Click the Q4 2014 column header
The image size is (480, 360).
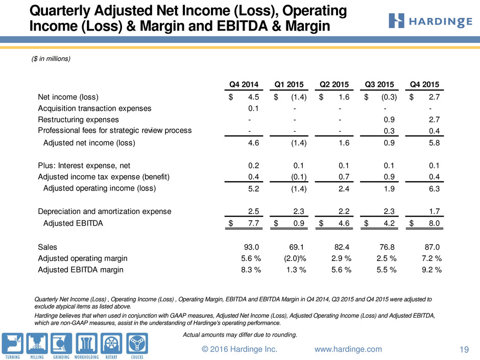[244, 84]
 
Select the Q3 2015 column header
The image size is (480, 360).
[379, 84]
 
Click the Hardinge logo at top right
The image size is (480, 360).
[430, 21]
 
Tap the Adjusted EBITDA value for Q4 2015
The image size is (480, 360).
[434, 223]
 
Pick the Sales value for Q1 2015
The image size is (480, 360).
[297, 247]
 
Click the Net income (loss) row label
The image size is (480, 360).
[68, 97]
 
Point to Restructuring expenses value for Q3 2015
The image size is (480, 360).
[389, 119]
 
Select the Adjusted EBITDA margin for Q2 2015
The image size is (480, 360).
[341, 270]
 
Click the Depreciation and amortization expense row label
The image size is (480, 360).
[104, 211]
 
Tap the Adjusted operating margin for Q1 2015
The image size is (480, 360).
[295, 258]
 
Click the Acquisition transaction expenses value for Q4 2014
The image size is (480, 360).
[253, 108]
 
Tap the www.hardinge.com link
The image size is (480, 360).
[348, 349]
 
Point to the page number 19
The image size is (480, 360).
[464, 349]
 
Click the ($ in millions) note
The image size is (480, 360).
[51, 59]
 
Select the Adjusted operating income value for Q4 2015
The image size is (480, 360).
[434, 188]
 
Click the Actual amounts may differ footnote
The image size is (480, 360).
[240, 334]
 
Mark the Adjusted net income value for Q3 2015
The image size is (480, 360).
[389, 143]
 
